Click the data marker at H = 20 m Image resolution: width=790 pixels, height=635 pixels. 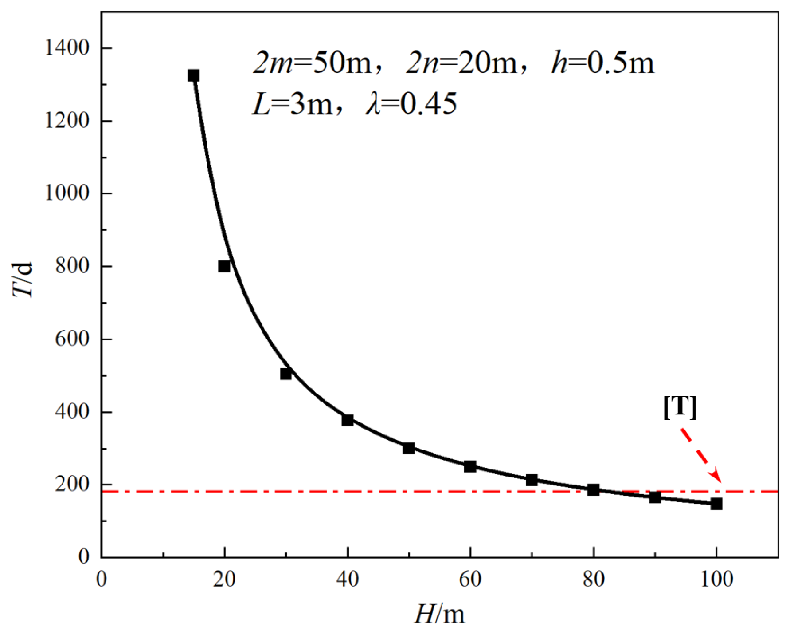click(x=224, y=266)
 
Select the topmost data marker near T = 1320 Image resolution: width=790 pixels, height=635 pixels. click(x=194, y=75)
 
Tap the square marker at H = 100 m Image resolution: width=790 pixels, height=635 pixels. click(x=716, y=504)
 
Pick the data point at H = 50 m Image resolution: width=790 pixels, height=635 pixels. click(x=409, y=448)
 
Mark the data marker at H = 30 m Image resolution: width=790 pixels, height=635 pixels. click(x=286, y=374)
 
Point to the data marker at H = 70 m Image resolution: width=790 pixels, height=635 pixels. click(x=532, y=480)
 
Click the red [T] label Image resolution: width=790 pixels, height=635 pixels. click(x=680, y=406)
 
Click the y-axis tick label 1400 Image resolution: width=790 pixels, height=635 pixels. click(x=67, y=48)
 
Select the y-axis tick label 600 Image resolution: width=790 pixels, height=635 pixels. click(x=72, y=339)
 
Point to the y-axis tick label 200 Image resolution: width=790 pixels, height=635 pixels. click(x=72, y=485)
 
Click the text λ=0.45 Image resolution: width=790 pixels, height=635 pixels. click(x=411, y=105)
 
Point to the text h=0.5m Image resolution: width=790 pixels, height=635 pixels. click(x=602, y=63)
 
